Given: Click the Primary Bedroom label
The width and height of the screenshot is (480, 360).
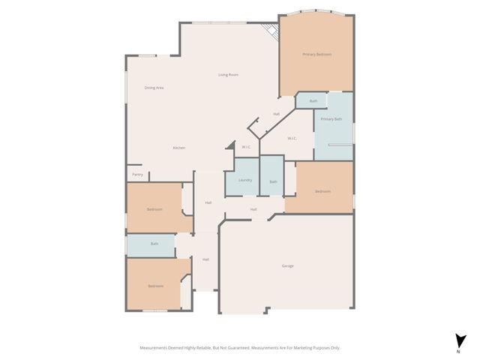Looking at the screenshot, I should (316, 55).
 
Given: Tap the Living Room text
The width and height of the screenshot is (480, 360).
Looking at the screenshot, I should (228, 75).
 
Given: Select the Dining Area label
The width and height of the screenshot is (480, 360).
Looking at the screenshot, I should (154, 88).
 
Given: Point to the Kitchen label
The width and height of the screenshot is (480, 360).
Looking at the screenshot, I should (179, 148).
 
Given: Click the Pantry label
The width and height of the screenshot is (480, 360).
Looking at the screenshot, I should (137, 175).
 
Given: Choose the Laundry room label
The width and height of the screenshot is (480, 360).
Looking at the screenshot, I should (245, 181).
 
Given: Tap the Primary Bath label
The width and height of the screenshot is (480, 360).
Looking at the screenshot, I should (331, 119).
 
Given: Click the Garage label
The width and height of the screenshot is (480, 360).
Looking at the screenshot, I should (287, 266).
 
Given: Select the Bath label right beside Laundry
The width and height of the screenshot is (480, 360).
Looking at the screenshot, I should (273, 181).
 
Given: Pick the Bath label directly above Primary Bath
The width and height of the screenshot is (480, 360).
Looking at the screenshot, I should (313, 100).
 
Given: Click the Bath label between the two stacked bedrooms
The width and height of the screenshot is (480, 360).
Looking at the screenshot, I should (154, 244).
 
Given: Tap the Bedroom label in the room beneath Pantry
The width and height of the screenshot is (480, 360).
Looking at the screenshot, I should (154, 209).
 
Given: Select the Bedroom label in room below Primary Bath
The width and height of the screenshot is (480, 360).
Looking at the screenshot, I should (322, 192).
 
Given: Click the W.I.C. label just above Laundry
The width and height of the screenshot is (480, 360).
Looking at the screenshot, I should (246, 147).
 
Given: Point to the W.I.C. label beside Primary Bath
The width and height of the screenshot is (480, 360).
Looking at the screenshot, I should (292, 138).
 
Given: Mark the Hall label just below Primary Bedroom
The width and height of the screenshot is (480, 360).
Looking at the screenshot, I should (276, 114).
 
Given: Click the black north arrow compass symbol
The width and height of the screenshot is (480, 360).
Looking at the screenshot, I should (458, 340).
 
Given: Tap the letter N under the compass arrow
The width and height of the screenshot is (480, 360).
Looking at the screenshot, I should (458, 351).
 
